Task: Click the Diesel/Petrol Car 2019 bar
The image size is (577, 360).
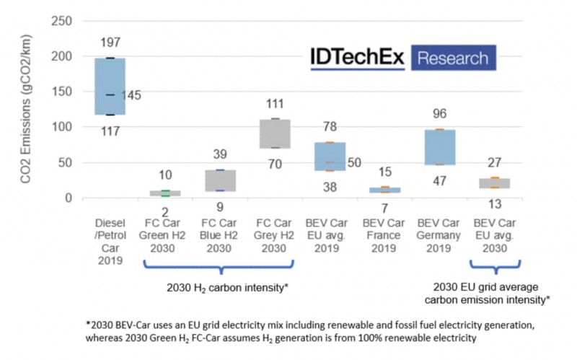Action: (110, 87)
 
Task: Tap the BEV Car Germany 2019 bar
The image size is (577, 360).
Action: (439, 147)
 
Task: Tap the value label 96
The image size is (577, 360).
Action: (439, 114)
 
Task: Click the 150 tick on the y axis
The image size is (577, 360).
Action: (62, 92)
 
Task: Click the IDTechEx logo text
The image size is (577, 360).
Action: (358, 58)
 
